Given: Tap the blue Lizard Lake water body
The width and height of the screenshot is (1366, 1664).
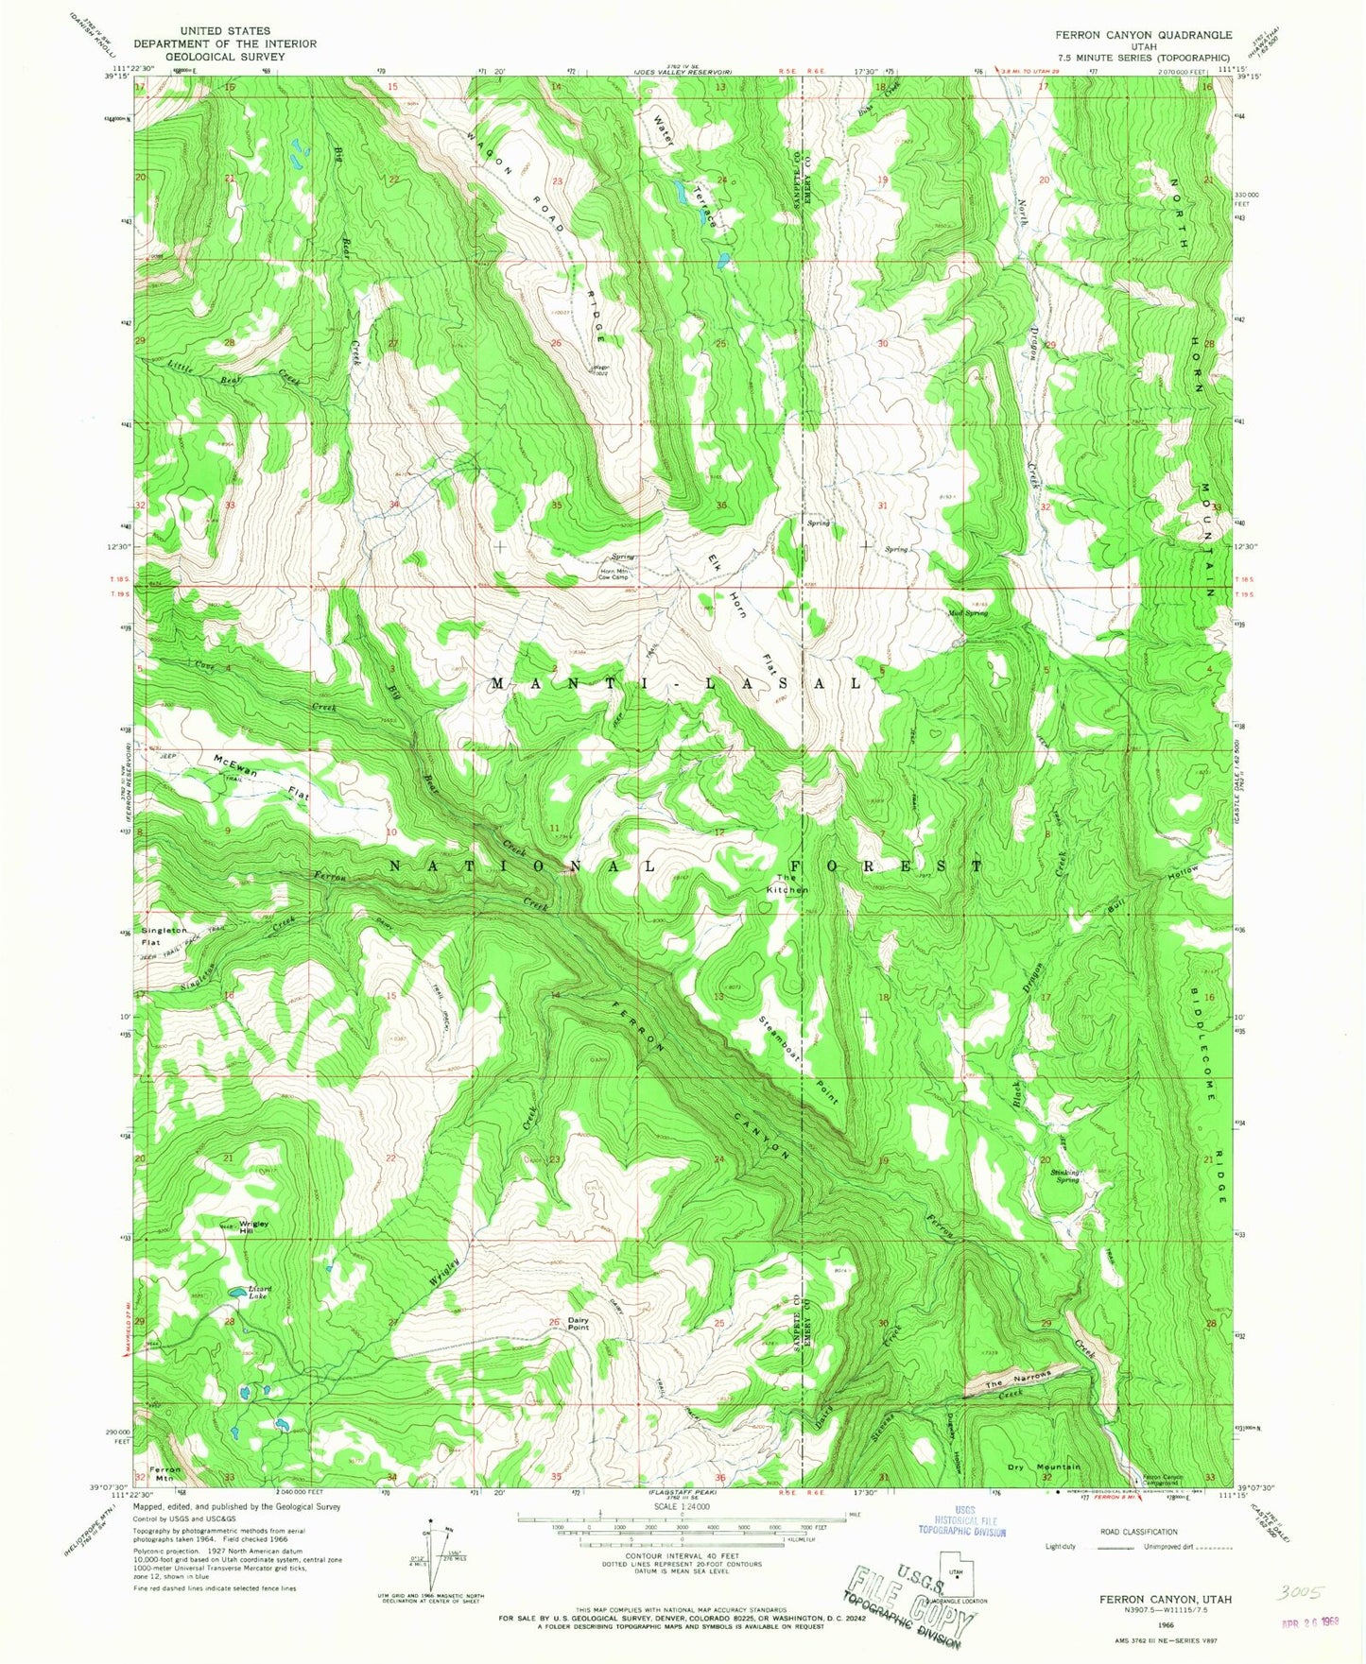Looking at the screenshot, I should click(233, 1293).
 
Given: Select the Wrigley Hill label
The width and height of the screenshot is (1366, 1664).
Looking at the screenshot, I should click(252, 1227).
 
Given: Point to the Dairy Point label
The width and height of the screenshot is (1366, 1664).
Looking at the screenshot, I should click(578, 1323).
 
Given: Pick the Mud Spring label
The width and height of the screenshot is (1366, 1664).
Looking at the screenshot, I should click(967, 613).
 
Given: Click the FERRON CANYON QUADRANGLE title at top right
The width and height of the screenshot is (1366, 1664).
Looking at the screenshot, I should click(1144, 35).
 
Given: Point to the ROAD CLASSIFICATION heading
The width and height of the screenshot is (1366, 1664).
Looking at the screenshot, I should click(1138, 1532).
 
